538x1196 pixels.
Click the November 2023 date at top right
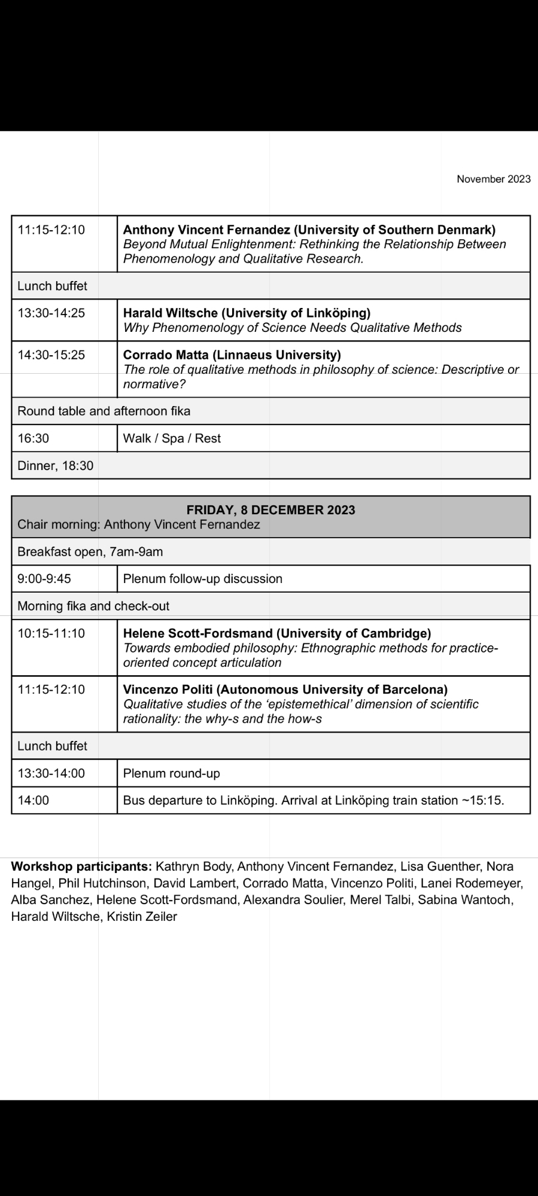click(x=493, y=179)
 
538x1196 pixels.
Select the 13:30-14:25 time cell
click(x=51, y=313)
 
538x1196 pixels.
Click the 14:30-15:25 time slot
click(x=51, y=355)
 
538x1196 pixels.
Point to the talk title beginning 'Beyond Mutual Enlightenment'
click(x=314, y=251)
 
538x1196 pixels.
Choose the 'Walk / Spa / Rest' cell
click(x=172, y=438)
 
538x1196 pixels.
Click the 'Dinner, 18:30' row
click(x=56, y=465)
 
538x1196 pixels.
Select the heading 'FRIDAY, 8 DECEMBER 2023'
click(x=270, y=510)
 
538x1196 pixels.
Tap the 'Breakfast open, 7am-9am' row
click(x=90, y=551)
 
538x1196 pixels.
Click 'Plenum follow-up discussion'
click(x=202, y=578)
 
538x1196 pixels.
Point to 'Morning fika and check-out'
click(x=93, y=606)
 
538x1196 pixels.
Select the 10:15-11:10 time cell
click(x=51, y=633)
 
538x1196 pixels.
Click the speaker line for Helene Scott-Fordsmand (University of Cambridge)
click(x=276, y=633)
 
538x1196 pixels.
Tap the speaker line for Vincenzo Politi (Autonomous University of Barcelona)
click(x=285, y=689)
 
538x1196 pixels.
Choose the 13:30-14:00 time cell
click(x=51, y=773)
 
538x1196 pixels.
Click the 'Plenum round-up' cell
click(x=171, y=773)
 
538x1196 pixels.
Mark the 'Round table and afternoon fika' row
click(x=104, y=411)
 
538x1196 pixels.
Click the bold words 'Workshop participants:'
click(x=81, y=867)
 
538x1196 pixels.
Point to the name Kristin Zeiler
click(x=142, y=916)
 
